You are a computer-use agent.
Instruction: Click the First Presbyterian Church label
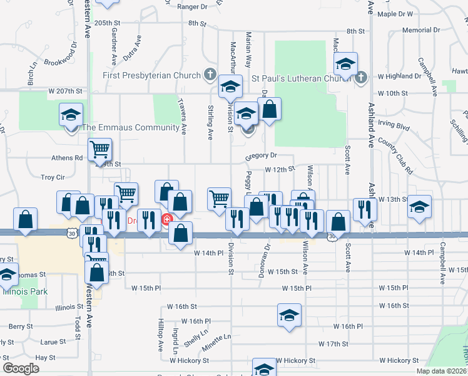(x=152, y=76)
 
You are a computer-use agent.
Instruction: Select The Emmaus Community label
(x=131, y=128)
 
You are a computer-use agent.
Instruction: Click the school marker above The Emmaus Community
(x=71, y=115)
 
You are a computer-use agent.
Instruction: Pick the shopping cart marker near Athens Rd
(x=100, y=150)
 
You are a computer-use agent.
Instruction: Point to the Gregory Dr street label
(x=261, y=155)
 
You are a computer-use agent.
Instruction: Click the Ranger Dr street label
(x=192, y=7)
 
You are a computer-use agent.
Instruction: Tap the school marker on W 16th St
(x=289, y=315)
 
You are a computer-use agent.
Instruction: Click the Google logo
(x=20, y=368)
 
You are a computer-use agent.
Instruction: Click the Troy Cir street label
(x=53, y=178)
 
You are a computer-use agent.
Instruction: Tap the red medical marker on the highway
(x=167, y=220)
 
